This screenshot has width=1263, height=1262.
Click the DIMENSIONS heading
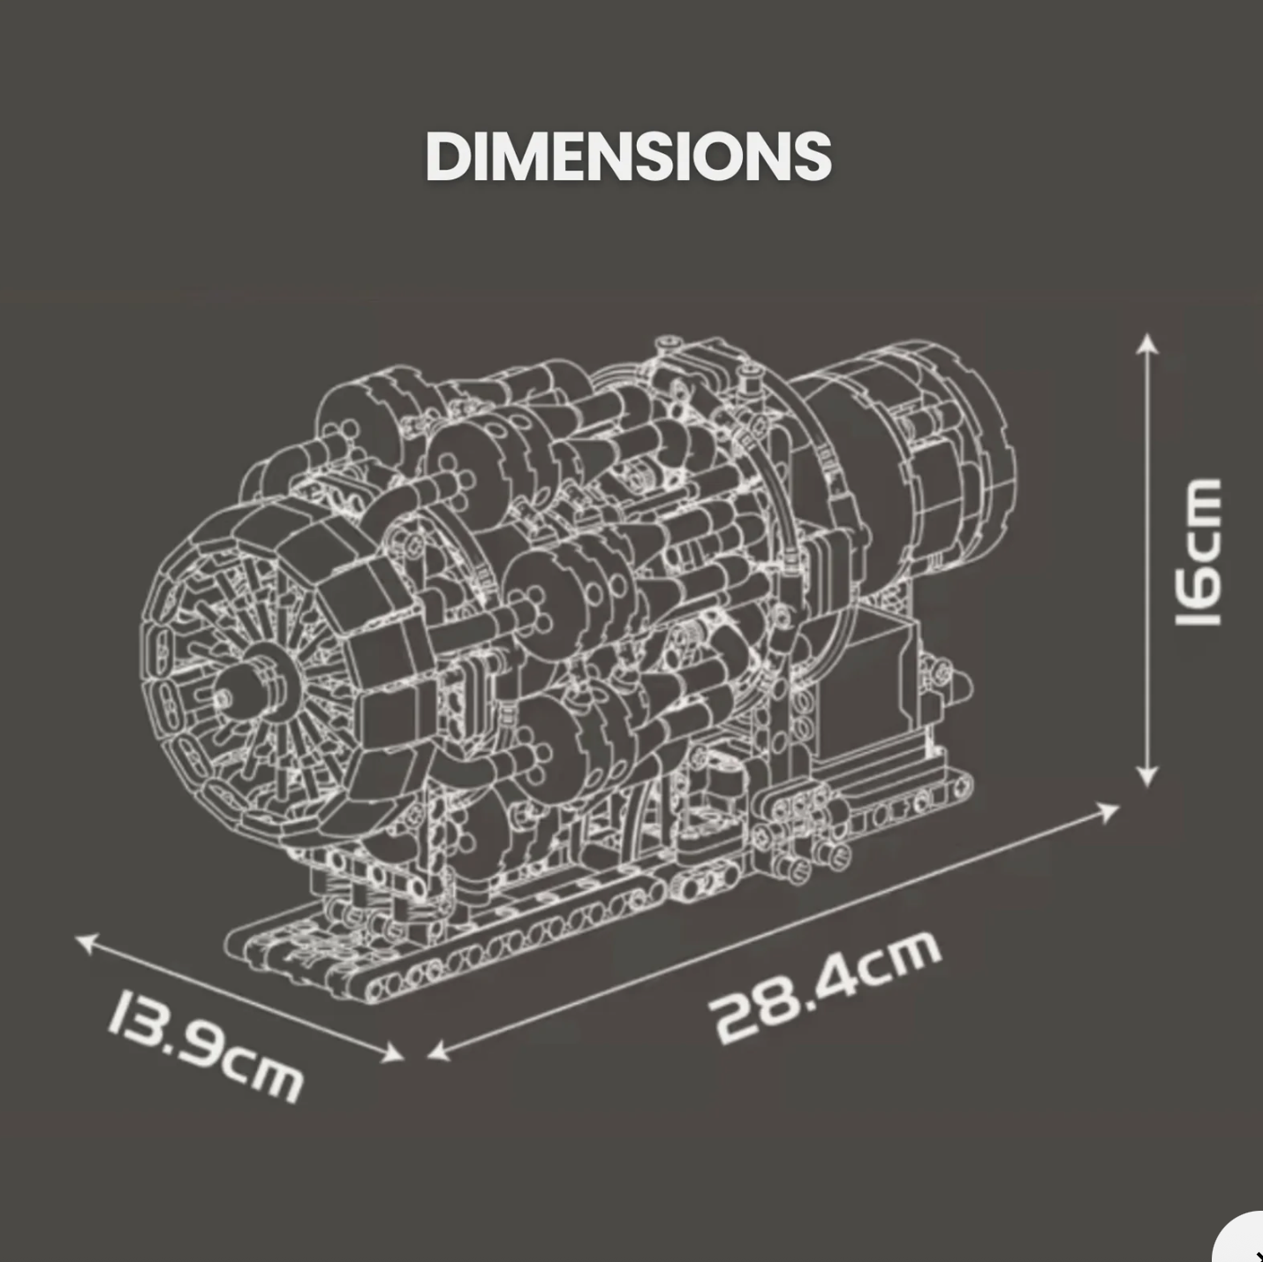click(628, 156)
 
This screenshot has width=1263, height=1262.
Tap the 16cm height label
click(1198, 552)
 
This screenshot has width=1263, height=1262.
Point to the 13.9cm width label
click(207, 1046)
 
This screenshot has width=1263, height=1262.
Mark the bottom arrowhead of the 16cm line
click(1146, 777)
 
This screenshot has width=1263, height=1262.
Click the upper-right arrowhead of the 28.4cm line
click(1108, 810)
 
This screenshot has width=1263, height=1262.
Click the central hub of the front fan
click(231, 696)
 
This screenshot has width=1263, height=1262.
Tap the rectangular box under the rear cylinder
click(870, 680)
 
